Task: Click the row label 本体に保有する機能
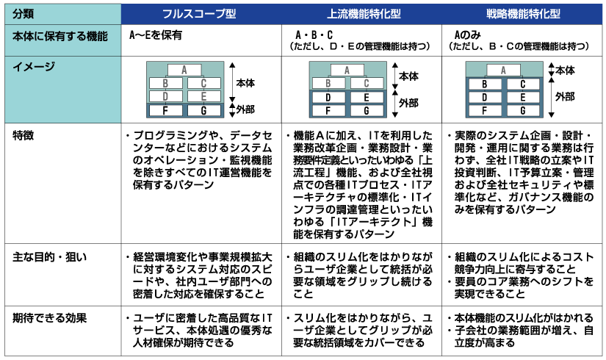point(59,35)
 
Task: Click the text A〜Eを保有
point(156,35)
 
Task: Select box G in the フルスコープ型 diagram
point(203,110)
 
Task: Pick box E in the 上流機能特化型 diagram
point(364,97)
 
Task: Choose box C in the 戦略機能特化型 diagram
point(524,84)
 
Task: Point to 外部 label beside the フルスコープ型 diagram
point(245,109)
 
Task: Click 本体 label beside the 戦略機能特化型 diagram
point(565,70)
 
